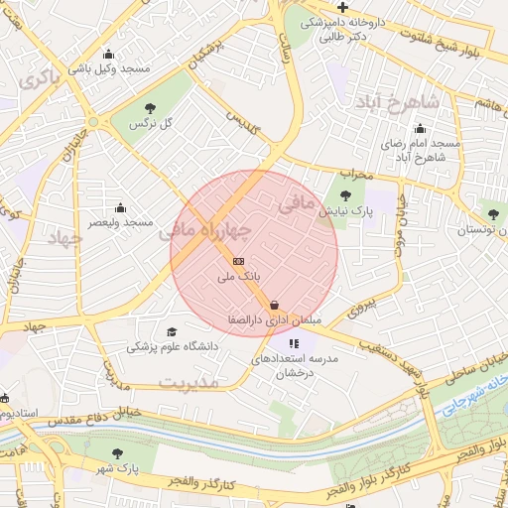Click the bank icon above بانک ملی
(237, 261)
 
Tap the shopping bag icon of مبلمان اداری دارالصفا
(274, 305)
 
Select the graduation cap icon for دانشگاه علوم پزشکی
(172, 331)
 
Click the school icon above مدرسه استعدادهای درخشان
(291, 342)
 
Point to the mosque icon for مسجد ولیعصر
(121, 207)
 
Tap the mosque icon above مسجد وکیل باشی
(108, 54)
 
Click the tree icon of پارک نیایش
(345, 195)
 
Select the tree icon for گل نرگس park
(150, 107)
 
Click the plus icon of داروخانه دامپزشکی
(342, 8)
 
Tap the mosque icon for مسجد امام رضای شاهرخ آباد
(420, 128)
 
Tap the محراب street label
(354, 174)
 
